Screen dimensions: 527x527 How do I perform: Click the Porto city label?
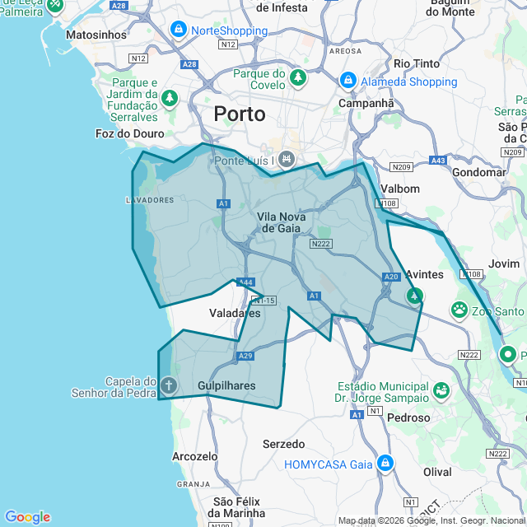pyautogui.click(x=240, y=114)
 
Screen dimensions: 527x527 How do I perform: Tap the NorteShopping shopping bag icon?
pyautogui.click(x=178, y=30)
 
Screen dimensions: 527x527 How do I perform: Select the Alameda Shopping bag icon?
pyautogui.click(x=347, y=81)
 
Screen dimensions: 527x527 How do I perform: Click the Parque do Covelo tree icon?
pyautogui.click(x=296, y=79)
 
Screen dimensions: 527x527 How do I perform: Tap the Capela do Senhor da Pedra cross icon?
pyautogui.click(x=168, y=385)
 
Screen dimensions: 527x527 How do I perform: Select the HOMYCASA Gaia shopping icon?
pyautogui.click(x=384, y=464)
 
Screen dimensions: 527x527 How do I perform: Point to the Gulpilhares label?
pyautogui.click(x=226, y=385)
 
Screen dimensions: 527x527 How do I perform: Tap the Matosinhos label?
pyautogui.click(x=96, y=35)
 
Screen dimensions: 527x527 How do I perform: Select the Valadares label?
pyautogui.click(x=235, y=313)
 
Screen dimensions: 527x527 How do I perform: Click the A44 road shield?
pyautogui.click(x=245, y=282)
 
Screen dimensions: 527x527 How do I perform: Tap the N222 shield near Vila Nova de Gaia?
pyautogui.click(x=320, y=245)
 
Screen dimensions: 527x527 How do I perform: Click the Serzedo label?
pyautogui.click(x=283, y=444)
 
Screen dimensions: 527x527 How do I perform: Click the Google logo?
pyautogui.click(x=27, y=517)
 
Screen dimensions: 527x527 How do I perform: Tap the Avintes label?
pyautogui.click(x=425, y=274)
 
